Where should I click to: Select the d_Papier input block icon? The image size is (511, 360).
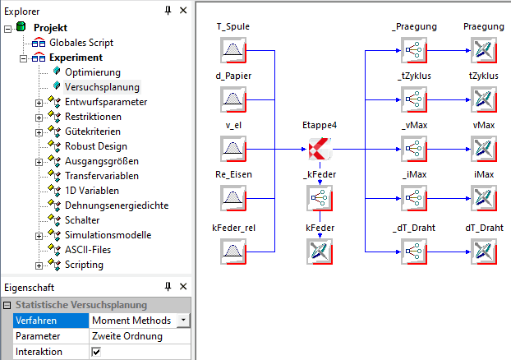click(232, 100)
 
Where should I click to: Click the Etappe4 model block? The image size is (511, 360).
click(319, 150)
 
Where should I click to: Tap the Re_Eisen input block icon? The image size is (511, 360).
click(232, 199)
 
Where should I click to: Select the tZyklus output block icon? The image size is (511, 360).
click(483, 100)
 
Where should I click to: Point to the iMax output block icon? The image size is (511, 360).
click(483, 199)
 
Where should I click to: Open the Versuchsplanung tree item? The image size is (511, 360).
click(102, 86)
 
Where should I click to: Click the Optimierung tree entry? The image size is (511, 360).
click(93, 72)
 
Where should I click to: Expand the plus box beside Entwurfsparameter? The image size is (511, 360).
click(39, 102)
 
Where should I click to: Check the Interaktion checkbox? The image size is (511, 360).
click(96, 352)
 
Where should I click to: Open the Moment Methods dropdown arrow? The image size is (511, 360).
click(182, 320)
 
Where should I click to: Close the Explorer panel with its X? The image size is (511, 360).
click(183, 11)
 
